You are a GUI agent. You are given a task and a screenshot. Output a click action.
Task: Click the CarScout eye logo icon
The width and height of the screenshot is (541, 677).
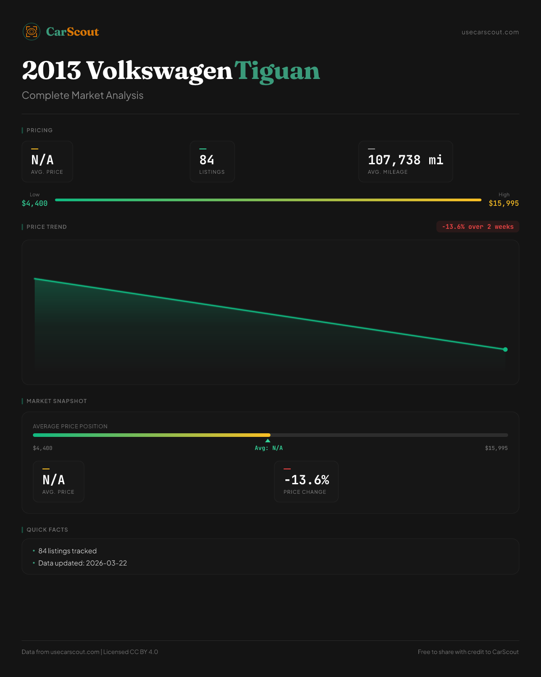(32, 32)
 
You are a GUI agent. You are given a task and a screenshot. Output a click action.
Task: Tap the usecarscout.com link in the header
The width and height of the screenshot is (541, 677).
(490, 32)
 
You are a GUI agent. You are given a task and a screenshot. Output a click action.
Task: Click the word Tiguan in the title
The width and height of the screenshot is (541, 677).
(277, 71)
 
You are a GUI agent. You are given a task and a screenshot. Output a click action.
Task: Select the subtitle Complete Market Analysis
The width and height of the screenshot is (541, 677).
(83, 95)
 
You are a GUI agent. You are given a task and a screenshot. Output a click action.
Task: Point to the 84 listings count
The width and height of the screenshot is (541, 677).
(207, 160)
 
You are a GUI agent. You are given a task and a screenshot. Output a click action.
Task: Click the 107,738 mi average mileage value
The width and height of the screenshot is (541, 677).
(405, 160)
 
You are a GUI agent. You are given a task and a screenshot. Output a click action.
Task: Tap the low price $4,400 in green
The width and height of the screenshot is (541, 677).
(35, 204)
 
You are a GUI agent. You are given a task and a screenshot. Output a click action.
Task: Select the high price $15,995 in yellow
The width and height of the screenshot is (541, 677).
(504, 204)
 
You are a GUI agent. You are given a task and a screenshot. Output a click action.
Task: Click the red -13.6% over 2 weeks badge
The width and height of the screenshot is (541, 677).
(477, 227)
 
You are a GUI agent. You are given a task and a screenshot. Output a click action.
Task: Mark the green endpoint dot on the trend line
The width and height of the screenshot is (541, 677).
(505, 349)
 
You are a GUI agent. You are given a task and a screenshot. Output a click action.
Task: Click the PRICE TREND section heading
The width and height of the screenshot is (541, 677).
(46, 227)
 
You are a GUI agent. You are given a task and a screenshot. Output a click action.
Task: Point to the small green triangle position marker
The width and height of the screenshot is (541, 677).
(268, 441)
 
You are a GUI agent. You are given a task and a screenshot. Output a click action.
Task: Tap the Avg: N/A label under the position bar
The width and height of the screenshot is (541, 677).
(269, 448)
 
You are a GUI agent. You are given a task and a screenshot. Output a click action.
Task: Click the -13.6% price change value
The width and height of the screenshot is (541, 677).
(307, 480)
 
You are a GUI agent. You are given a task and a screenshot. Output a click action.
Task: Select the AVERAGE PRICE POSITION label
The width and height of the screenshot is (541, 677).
(70, 427)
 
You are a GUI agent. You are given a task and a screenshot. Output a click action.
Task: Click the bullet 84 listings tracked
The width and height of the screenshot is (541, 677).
(68, 551)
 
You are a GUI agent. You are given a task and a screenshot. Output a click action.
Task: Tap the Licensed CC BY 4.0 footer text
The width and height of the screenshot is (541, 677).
(131, 652)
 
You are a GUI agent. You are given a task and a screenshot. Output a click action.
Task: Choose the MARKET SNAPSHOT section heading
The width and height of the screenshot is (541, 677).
(56, 401)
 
